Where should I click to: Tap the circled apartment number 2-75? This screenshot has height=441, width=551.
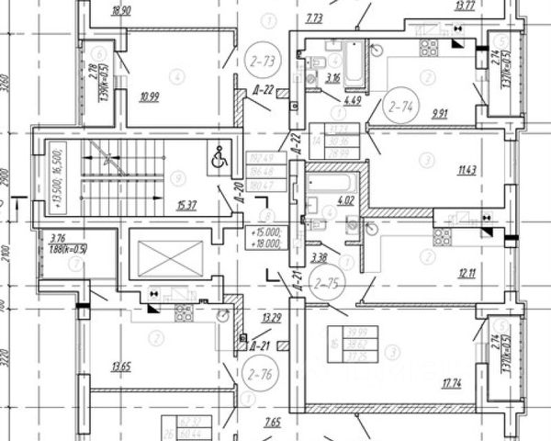click(326, 282)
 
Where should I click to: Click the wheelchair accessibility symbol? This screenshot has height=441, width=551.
click(220, 158)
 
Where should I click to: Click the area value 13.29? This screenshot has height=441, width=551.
click(272, 319)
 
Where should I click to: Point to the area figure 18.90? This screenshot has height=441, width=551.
click(120, 11)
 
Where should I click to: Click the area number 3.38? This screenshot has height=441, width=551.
click(320, 256)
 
